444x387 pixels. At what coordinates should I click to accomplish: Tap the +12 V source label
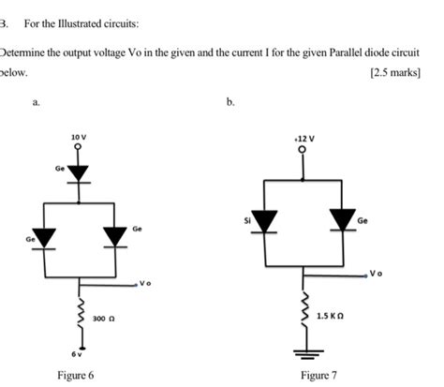coord(303,137)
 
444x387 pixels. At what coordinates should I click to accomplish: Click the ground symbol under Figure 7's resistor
coord(303,354)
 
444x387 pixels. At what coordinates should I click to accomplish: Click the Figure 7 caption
coord(318,375)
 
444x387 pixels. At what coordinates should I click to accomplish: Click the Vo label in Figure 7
coord(377,274)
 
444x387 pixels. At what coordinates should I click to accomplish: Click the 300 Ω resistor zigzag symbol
coord(79,317)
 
